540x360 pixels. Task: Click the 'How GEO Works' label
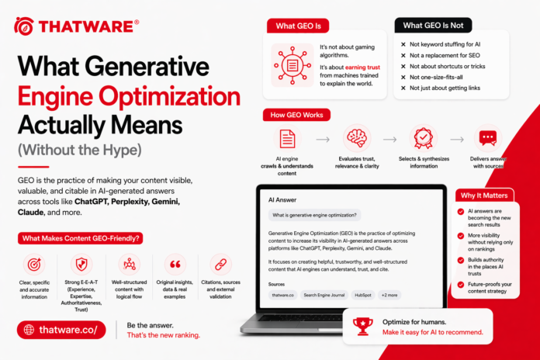point(298,115)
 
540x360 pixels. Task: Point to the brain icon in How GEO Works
point(357,138)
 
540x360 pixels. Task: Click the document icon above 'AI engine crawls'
point(287,138)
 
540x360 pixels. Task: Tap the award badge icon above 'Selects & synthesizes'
point(422,138)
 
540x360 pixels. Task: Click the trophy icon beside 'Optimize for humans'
point(362,326)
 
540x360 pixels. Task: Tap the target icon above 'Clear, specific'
point(34,265)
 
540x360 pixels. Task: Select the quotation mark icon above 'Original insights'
point(176,265)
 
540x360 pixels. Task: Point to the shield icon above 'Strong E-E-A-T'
point(82,265)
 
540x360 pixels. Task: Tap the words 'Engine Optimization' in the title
point(129,97)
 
